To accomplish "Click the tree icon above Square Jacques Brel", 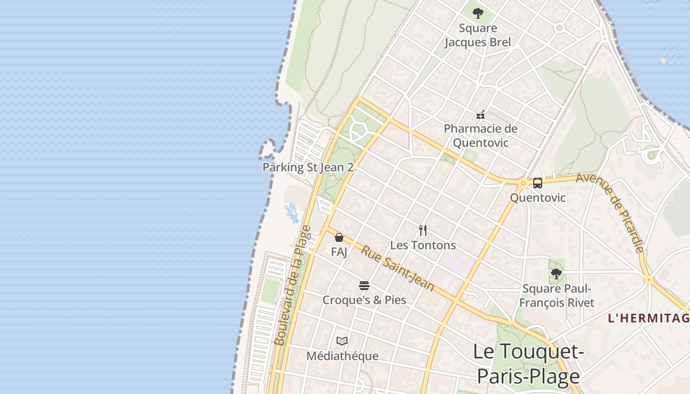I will pyautogui.click(x=478, y=13).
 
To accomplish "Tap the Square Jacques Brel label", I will pyautogui.click(x=478, y=35).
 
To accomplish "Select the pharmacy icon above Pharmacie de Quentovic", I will pyautogui.click(x=481, y=115).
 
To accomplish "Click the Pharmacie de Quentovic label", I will pyautogui.click(x=481, y=135).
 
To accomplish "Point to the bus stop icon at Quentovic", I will pyautogui.click(x=537, y=183).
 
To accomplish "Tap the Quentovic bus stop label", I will pyautogui.click(x=537, y=198).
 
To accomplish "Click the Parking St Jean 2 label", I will pyautogui.click(x=308, y=167).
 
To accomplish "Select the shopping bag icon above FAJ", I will pyautogui.click(x=339, y=237).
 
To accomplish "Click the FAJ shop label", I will pyautogui.click(x=339, y=252).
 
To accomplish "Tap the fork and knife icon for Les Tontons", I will pyautogui.click(x=423, y=230).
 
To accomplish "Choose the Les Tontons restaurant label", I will pyautogui.click(x=423, y=245).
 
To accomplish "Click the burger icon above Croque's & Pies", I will pyautogui.click(x=364, y=286).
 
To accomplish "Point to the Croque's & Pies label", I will pyautogui.click(x=364, y=300).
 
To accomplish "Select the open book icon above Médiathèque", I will pyautogui.click(x=342, y=341).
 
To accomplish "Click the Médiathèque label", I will pyautogui.click(x=342, y=356).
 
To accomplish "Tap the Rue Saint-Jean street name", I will pyautogui.click(x=398, y=268).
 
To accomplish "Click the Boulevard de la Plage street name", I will pyautogui.click(x=292, y=286).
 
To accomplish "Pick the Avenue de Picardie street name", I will pyautogui.click(x=610, y=213).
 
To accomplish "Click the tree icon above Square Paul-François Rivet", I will pyautogui.click(x=556, y=273).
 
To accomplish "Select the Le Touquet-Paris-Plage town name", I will pyautogui.click(x=528, y=363).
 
